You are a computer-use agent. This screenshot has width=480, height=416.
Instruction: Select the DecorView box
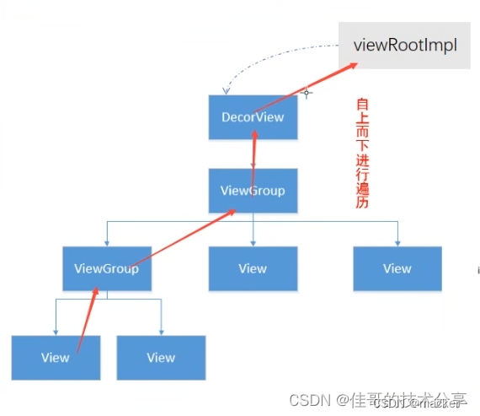click(x=253, y=117)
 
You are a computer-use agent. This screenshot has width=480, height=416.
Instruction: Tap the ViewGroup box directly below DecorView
click(x=253, y=190)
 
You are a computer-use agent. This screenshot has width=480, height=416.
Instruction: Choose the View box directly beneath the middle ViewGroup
click(x=253, y=268)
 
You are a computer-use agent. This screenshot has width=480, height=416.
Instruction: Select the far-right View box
click(x=397, y=268)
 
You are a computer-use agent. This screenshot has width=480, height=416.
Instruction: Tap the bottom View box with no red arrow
click(x=161, y=357)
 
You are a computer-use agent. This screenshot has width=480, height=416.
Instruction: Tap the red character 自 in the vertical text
click(x=362, y=105)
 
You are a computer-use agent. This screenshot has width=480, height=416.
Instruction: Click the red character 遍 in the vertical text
click(x=362, y=186)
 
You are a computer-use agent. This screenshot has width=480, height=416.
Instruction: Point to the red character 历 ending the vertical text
click(x=362, y=203)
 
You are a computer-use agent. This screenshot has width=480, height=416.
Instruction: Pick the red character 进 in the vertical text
click(x=362, y=154)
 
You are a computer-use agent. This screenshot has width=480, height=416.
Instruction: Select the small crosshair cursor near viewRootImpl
click(x=307, y=93)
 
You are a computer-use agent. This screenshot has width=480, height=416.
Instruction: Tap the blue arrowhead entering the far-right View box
click(x=397, y=243)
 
